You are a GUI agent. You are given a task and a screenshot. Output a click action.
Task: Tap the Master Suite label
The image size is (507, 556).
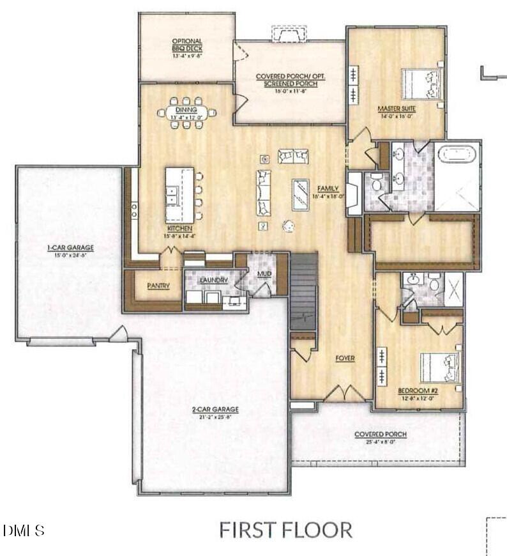point(397,109)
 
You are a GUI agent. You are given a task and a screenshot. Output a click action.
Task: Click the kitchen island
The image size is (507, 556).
point(179,194)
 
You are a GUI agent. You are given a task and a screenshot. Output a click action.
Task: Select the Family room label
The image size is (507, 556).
point(328,189)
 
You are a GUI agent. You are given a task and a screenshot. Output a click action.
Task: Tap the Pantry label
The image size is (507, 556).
point(158,286)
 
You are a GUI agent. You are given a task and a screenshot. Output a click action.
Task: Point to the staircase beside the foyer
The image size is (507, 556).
point(303,291)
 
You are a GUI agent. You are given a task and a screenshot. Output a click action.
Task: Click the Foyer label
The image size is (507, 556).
point(345,359)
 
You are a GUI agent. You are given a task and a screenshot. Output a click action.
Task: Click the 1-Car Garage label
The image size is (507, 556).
point(70,247)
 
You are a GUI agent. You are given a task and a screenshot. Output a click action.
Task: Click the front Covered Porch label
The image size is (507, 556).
point(381,435)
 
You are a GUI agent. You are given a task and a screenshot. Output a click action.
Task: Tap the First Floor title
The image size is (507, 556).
point(285,530)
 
